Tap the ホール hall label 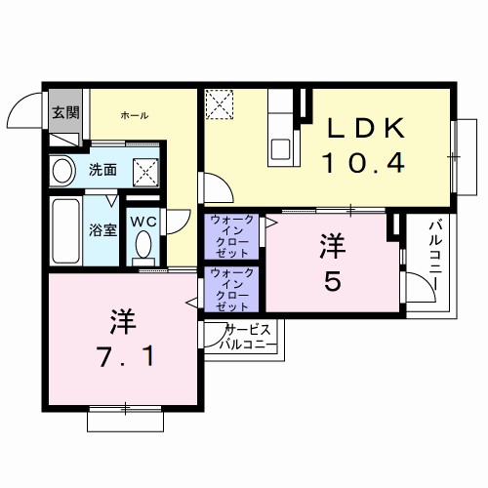coord(135,115)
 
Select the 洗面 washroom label coord(103,169)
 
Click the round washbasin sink coord(62,173)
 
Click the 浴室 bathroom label coord(104,230)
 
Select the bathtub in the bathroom coord(65,230)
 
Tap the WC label coord(144,221)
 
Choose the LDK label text coord(363,129)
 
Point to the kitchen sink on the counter coord(281,148)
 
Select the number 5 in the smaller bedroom coord(333,281)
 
